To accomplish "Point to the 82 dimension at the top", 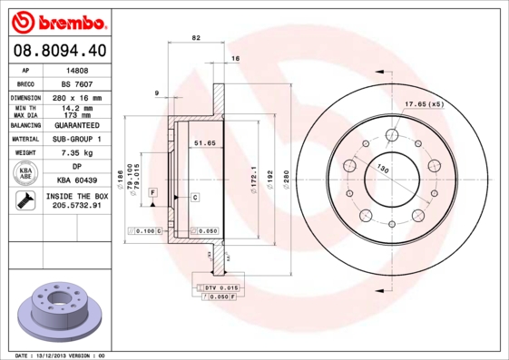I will pos(196,37).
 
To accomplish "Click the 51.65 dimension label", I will pos(204,142).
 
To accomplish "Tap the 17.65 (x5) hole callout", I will pos(424,105).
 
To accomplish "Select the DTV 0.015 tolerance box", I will pos(218,287).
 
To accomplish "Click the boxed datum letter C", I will pos(195,197).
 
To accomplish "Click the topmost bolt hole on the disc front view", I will pos(391,134).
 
